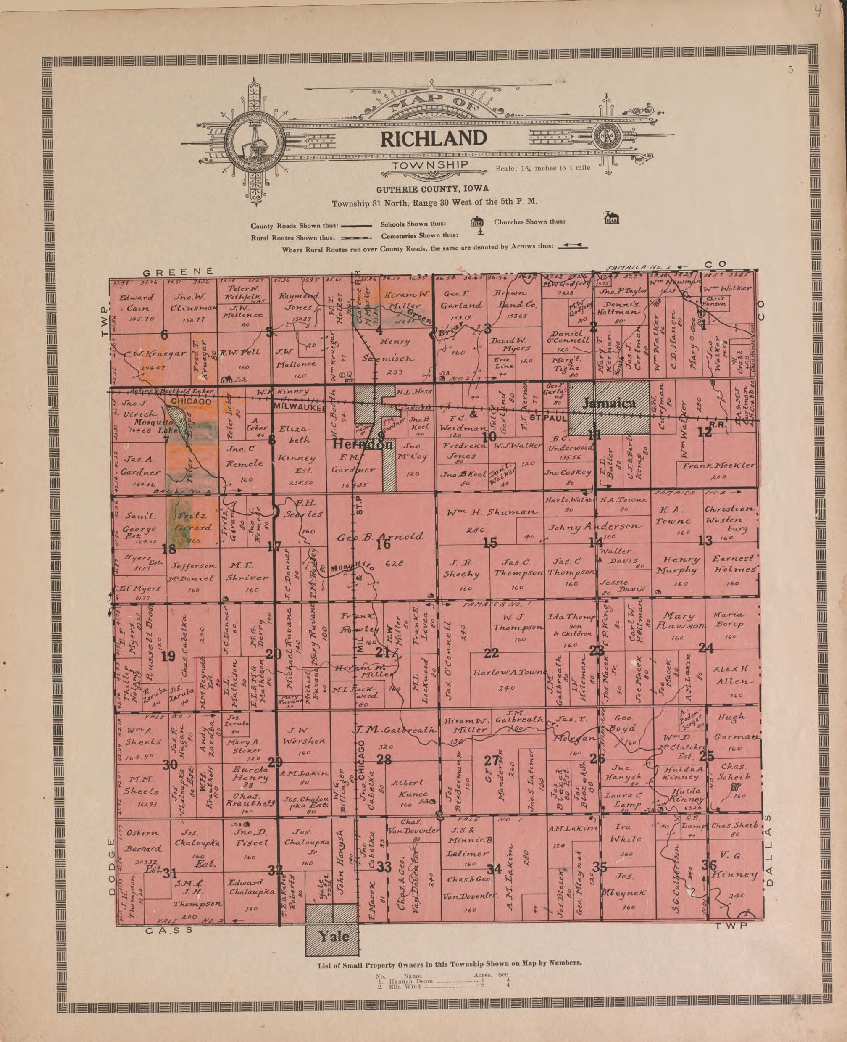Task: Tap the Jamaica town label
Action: click(609, 403)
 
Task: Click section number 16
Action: click(384, 543)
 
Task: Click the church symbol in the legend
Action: click(611, 218)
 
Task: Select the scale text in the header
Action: click(542, 168)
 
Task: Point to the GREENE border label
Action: click(178, 272)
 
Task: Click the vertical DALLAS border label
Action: click(771, 851)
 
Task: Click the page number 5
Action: click(790, 70)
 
